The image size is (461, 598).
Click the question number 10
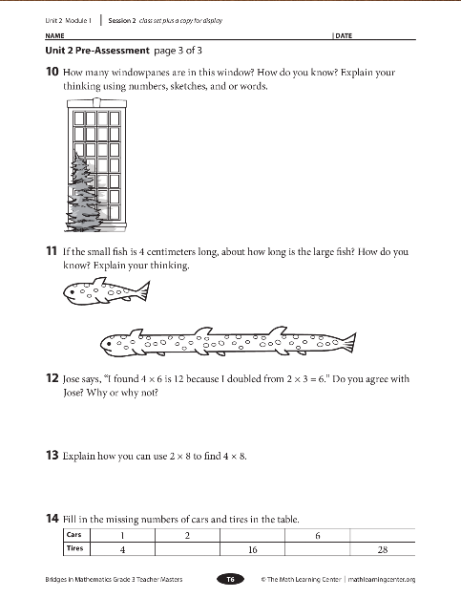point(52,72)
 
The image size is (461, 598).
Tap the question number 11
point(52,251)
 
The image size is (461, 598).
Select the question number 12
point(52,378)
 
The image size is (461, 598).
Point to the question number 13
point(52,455)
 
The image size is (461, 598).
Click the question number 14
point(52,519)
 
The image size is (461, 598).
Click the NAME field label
point(54,36)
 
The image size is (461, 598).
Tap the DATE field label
point(344,36)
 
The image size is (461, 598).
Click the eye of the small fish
point(72,292)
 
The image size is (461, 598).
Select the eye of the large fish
point(109,344)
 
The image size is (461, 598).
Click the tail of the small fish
point(142,290)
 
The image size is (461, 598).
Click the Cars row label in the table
point(73,534)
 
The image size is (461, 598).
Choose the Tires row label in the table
point(74,548)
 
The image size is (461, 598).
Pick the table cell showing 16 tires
point(252,549)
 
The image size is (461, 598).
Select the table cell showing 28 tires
point(383,549)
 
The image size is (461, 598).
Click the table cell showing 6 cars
point(318,536)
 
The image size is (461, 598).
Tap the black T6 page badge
point(231,579)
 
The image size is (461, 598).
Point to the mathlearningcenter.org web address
point(382,579)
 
